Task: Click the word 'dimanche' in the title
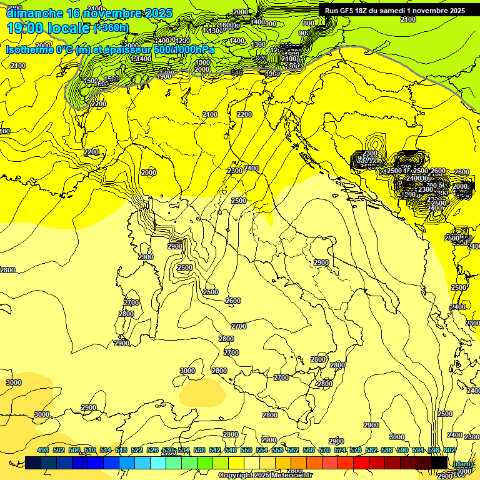[x=32, y=13]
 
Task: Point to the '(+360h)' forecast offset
[x=111, y=28]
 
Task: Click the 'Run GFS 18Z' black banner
[x=394, y=11]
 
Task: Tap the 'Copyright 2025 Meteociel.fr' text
[x=265, y=476]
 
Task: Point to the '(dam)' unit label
[x=462, y=464]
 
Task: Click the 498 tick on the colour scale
[x=43, y=451]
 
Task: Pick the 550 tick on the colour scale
[x=246, y=451]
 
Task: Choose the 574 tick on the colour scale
[x=340, y=451]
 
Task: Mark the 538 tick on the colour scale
[x=199, y=451]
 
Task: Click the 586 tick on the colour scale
[x=387, y=451]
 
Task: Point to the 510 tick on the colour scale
[x=90, y=451]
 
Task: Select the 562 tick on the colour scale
[x=293, y=451]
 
